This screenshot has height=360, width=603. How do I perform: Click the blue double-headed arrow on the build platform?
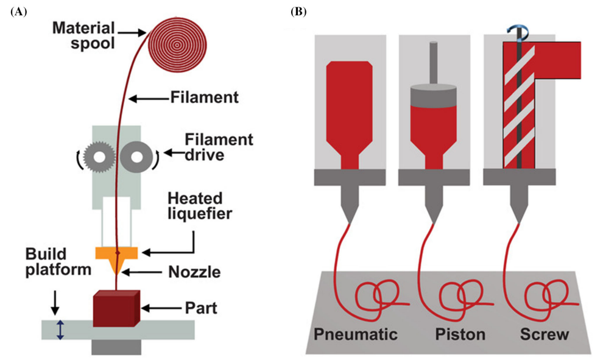click(60, 330)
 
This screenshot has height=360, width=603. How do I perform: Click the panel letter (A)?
click(18, 11)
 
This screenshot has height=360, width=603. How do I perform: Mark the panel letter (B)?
click(299, 11)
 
